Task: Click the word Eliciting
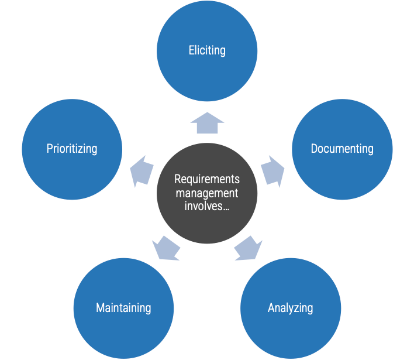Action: pyautogui.click(x=207, y=50)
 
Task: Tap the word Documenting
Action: pyautogui.click(x=342, y=149)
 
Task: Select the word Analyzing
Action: pyautogui.click(x=291, y=308)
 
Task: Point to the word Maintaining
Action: pyautogui.click(x=123, y=308)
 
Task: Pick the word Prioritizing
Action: pyautogui.click(x=72, y=149)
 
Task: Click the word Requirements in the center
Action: pyautogui.click(x=207, y=179)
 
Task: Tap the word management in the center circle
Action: pyautogui.click(x=207, y=193)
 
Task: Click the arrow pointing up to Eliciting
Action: pyautogui.click(x=207, y=124)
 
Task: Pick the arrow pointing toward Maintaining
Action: pyautogui.click(x=166, y=248)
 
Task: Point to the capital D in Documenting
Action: pyautogui.click(x=314, y=149)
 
